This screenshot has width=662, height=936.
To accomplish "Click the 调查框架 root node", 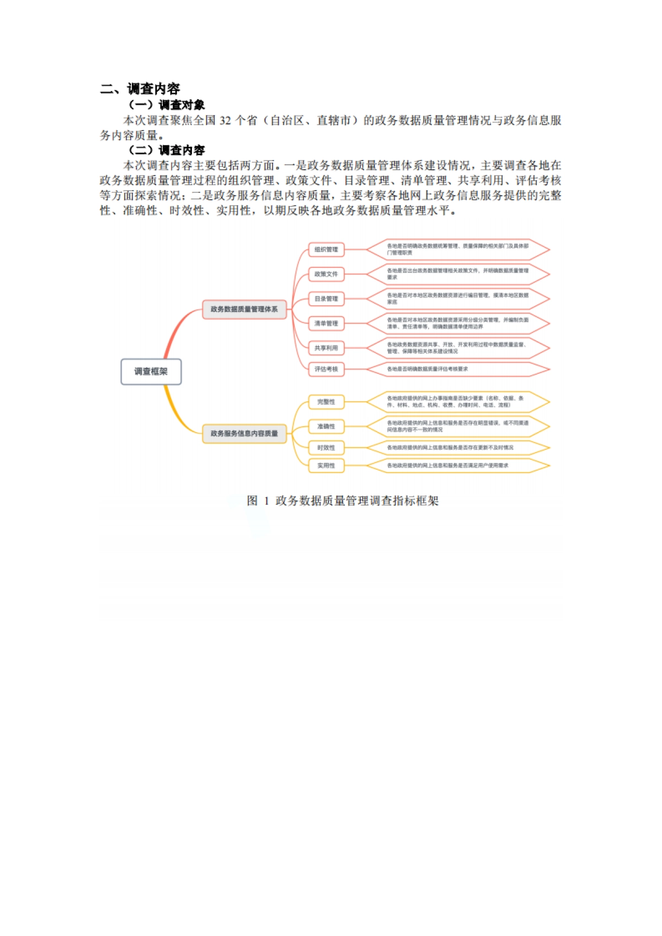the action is pyautogui.click(x=151, y=372).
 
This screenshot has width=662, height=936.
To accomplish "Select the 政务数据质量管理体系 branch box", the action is pyautogui.click(x=244, y=309).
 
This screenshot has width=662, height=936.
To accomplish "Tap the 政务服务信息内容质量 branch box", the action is pyautogui.click(x=244, y=433).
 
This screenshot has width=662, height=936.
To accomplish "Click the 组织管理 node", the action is pyautogui.click(x=326, y=250).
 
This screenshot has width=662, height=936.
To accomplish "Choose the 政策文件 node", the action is pyautogui.click(x=326, y=274).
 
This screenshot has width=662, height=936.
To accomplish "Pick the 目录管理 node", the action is pyautogui.click(x=326, y=299).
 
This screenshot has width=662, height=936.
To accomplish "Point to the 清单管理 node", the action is pyautogui.click(x=326, y=324).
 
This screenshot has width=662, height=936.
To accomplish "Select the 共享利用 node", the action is pyautogui.click(x=326, y=348).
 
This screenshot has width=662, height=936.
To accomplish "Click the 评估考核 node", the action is pyautogui.click(x=326, y=369).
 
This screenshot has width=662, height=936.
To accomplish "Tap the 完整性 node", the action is pyautogui.click(x=326, y=402).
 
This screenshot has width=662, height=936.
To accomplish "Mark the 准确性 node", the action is pyautogui.click(x=326, y=426).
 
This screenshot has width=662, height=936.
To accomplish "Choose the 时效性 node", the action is pyautogui.click(x=326, y=448).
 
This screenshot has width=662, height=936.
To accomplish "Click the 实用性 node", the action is pyautogui.click(x=326, y=466).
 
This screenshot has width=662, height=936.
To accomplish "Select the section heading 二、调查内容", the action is pyautogui.click(x=140, y=89).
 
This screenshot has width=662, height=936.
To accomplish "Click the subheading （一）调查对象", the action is pyautogui.click(x=167, y=105).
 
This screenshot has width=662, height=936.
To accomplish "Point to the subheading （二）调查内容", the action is pyautogui.click(x=167, y=150).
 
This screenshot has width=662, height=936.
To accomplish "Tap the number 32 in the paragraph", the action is pyautogui.click(x=225, y=121).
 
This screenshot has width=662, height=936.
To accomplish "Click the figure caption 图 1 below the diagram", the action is pyautogui.click(x=342, y=501).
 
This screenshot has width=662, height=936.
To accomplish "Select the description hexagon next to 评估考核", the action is pyautogui.click(x=458, y=369).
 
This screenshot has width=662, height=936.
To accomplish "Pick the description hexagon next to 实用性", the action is pyautogui.click(x=458, y=466).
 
